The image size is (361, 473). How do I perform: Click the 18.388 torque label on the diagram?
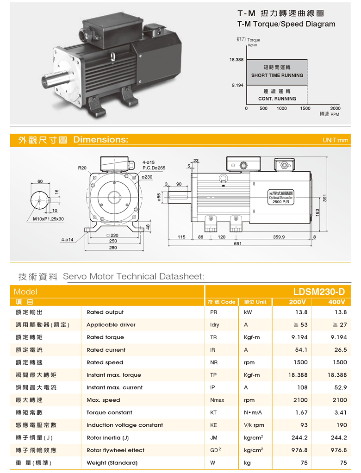(x=236, y=60)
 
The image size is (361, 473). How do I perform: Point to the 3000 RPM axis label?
(x=335, y=108)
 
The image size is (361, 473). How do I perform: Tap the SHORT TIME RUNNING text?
(x=277, y=75)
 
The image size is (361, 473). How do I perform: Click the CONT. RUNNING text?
(x=277, y=99)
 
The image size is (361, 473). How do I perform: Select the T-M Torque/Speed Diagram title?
(x=286, y=24)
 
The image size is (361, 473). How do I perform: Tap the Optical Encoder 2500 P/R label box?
(x=281, y=197)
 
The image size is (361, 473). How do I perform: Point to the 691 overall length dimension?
(x=237, y=243)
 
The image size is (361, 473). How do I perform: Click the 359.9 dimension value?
(x=279, y=237)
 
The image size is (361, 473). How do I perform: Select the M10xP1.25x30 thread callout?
(x=48, y=219)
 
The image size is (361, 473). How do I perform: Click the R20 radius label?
(x=82, y=168)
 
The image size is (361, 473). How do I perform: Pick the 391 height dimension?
(x=325, y=198)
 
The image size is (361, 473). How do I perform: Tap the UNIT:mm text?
(x=336, y=140)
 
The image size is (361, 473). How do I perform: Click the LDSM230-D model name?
(x=319, y=292)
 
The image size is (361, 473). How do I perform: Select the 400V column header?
(x=336, y=302)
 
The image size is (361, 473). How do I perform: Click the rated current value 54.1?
(x=301, y=350)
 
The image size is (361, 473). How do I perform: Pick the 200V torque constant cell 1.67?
(x=302, y=413)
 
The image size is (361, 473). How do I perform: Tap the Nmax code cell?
(x=217, y=400)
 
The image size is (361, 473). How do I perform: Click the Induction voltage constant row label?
(x=124, y=425)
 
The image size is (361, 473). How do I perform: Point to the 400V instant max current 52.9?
(x=341, y=388)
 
